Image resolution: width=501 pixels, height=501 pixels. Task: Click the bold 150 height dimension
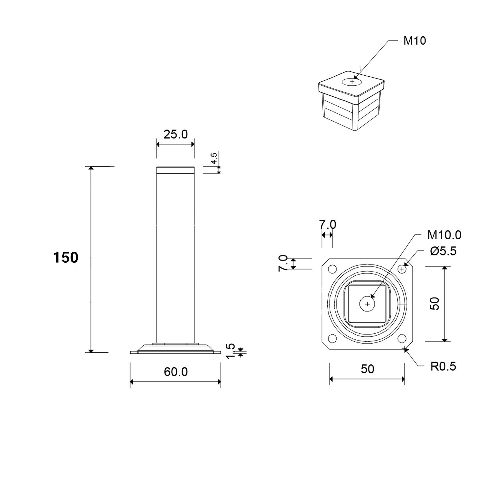pyautogui.click(x=66, y=258)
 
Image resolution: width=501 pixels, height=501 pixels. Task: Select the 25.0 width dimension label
pyautogui.click(x=176, y=134)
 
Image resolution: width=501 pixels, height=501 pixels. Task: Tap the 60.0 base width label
pyautogui.click(x=176, y=372)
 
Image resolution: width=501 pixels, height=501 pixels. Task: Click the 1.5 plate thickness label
pyautogui.click(x=230, y=351)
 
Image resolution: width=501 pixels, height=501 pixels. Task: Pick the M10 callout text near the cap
pyautogui.click(x=415, y=41)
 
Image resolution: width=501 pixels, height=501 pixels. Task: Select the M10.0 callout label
pyautogui.click(x=444, y=235)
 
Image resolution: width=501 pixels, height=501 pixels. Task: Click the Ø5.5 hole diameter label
pyautogui.click(x=443, y=251)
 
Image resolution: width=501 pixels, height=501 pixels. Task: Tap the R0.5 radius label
pyautogui.click(x=443, y=366)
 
